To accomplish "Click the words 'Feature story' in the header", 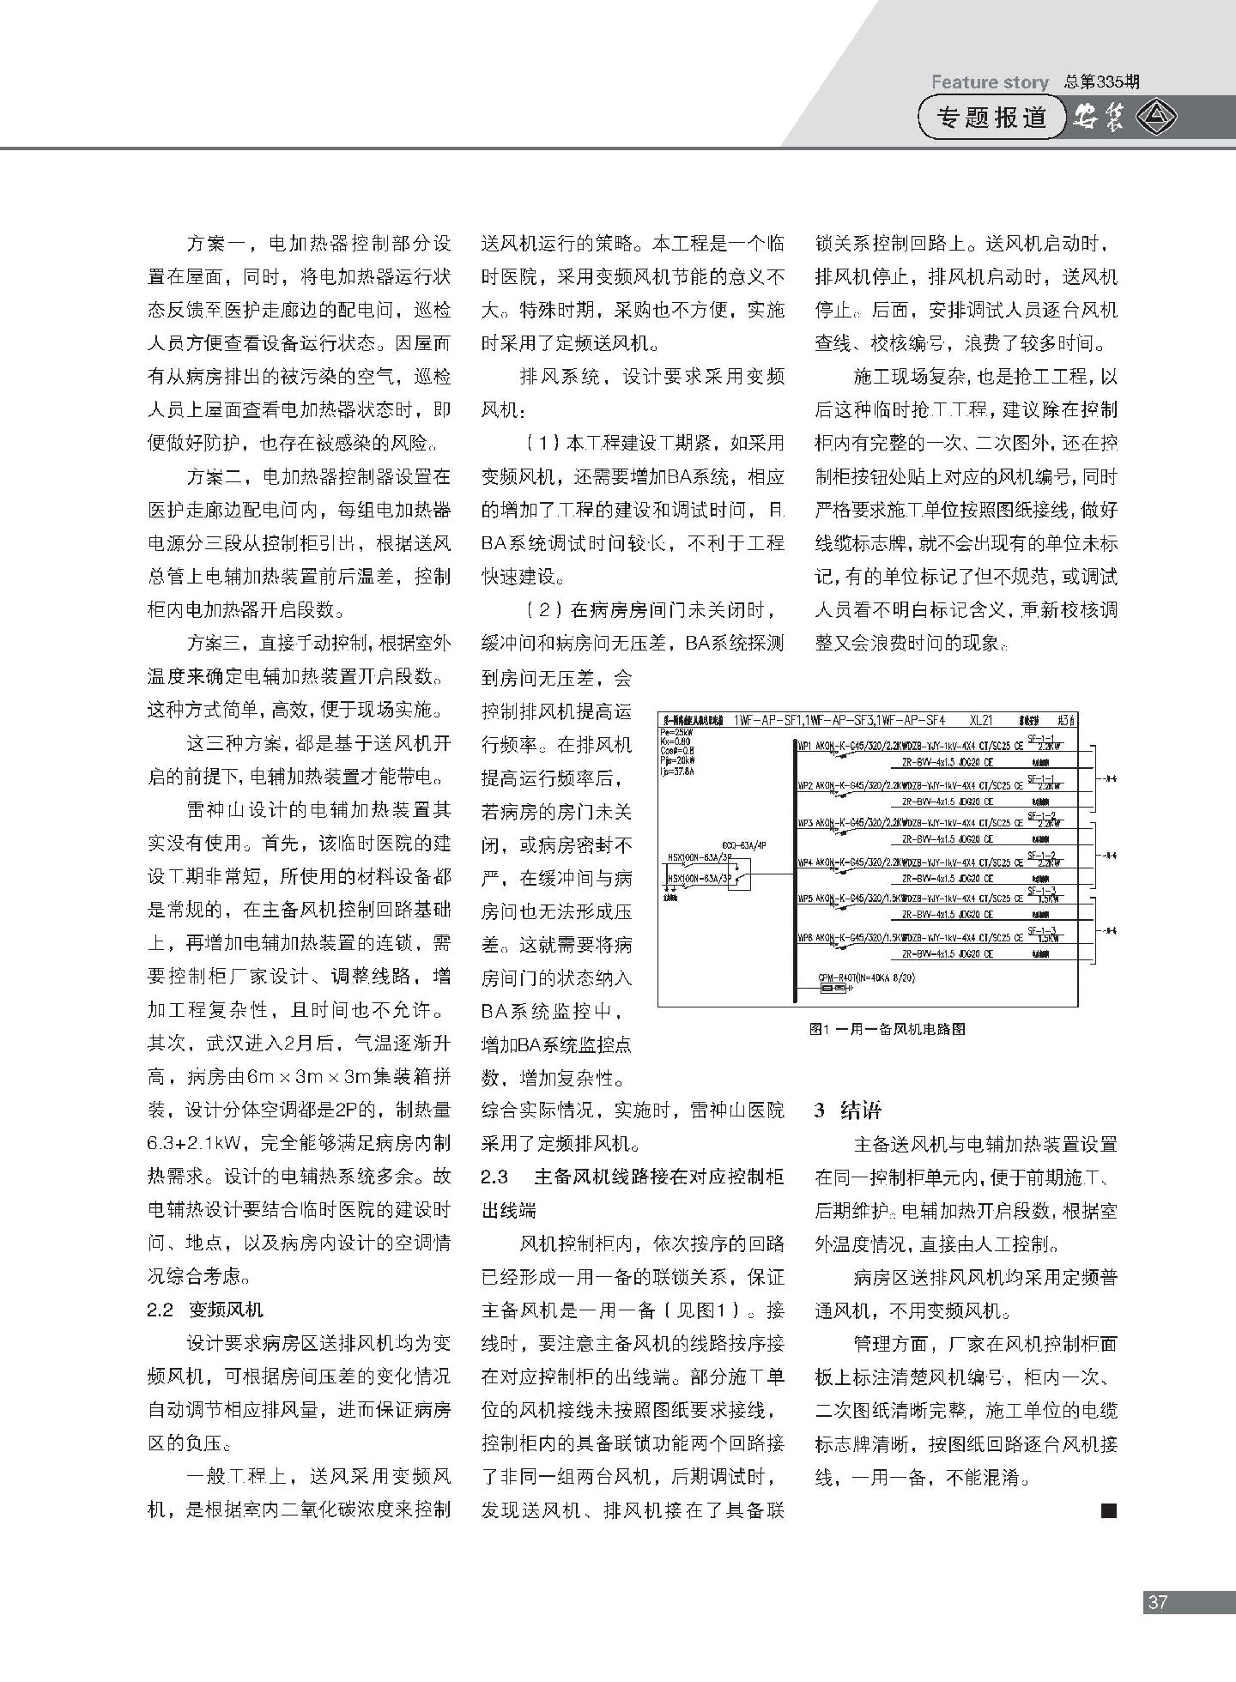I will tap(990, 82).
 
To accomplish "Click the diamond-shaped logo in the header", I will tap(1157, 118).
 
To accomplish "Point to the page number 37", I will tap(1158, 1601).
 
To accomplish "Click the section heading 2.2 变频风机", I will tap(205, 1310).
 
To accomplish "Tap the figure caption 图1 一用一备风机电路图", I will tap(888, 1028).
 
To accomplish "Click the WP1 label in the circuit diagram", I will tap(805, 746).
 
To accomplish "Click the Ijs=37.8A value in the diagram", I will tap(677, 771).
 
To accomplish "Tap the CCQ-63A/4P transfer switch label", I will tap(743, 845).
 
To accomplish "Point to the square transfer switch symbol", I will tap(742, 876).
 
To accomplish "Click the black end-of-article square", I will tap(1108, 1535).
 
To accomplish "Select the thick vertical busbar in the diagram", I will tap(791, 867).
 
